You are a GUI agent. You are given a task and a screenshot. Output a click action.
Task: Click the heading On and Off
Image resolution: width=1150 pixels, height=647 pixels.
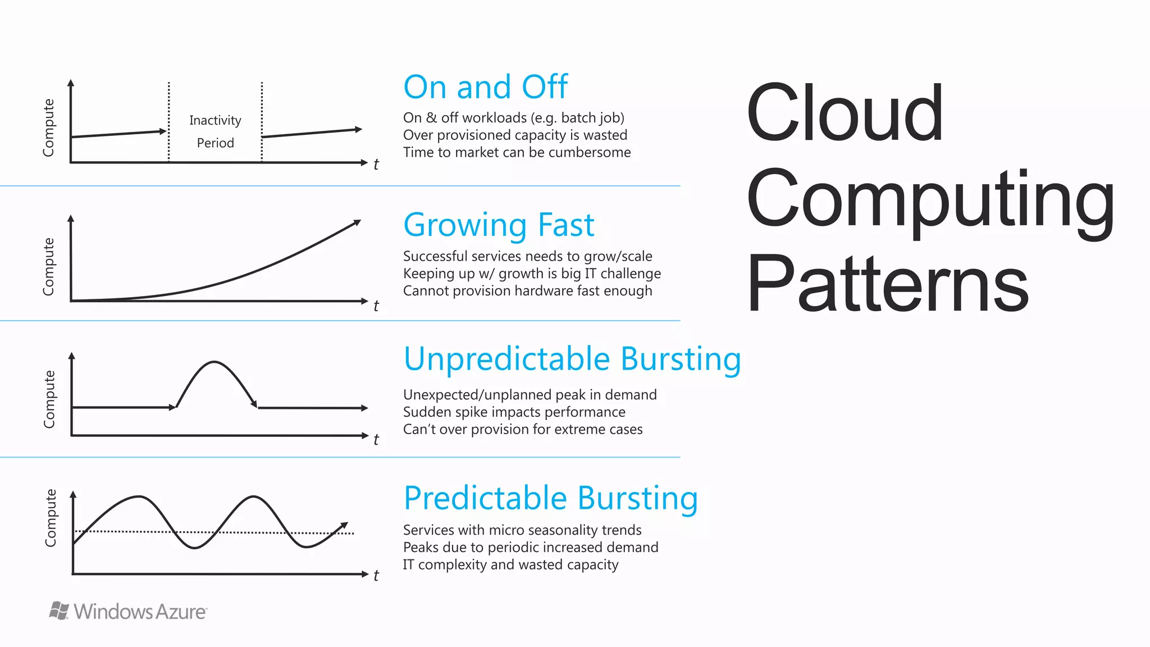pyautogui.click(x=485, y=87)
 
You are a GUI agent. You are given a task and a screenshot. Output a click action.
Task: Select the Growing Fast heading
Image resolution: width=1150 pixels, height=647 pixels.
pyautogui.click(x=499, y=225)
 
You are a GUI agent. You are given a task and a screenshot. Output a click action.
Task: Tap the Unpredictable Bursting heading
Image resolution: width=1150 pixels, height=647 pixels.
pyautogui.click(x=572, y=359)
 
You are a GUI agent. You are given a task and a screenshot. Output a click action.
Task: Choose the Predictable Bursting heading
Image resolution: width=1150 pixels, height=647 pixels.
pyautogui.click(x=550, y=498)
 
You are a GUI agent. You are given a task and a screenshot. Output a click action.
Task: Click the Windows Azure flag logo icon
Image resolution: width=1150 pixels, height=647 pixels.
pyautogui.click(x=59, y=610)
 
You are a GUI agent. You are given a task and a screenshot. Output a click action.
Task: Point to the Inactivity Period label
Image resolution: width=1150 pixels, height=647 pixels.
pyautogui.click(x=215, y=131)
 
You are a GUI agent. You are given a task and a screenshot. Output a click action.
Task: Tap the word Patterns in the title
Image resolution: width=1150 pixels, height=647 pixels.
pyautogui.click(x=887, y=283)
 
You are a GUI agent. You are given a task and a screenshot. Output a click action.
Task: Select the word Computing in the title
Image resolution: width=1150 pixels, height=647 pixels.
pyautogui.click(x=930, y=199)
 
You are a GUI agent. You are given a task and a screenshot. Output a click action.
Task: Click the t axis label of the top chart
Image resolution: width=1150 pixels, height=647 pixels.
pyautogui.click(x=376, y=165)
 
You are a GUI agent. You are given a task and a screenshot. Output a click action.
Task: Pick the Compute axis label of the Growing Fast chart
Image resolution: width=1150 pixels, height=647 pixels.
pyautogui.click(x=49, y=266)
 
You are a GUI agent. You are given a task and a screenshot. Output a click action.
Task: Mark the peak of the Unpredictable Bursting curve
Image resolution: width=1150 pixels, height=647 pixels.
pyautogui.click(x=214, y=362)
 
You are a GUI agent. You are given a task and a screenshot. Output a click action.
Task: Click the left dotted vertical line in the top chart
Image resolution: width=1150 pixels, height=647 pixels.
pyautogui.click(x=168, y=121)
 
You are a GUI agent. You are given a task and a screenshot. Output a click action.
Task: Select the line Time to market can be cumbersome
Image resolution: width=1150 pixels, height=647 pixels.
pyautogui.click(x=517, y=152)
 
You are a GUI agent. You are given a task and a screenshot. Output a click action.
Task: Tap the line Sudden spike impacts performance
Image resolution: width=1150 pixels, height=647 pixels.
pyautogui.click(x=514, y=412)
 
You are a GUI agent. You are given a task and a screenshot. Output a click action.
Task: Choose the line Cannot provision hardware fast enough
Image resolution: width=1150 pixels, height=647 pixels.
pyautogui.click(x=527, y=291)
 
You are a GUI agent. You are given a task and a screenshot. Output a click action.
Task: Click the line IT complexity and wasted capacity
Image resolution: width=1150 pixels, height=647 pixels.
pyautogui.click(x=510, y=564)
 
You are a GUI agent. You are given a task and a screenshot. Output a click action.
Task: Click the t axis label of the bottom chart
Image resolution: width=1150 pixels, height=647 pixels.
pyautogui.click(x=376, y=576)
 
